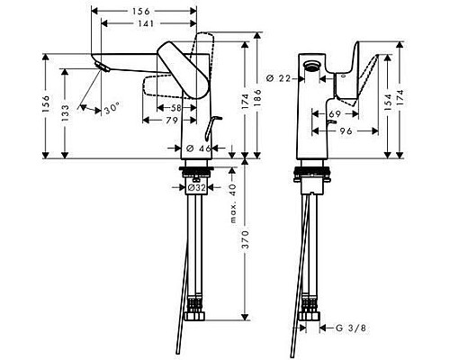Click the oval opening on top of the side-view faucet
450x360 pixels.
coord(313,67)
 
